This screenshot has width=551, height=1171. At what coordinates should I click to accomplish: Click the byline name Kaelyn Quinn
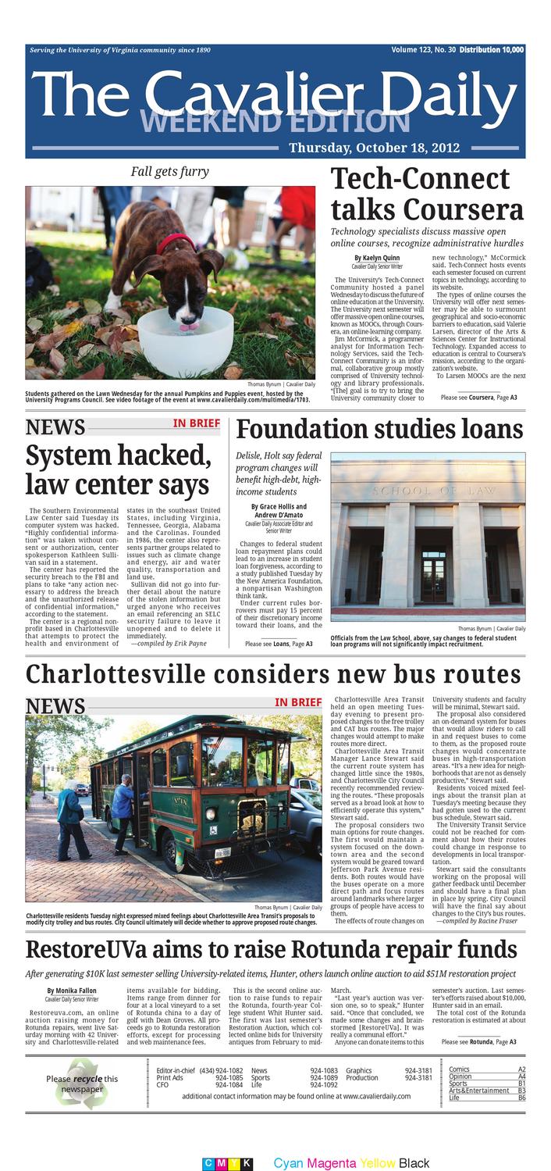tap(376, 257)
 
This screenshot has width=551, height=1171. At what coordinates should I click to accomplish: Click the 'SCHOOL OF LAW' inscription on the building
tap(428, 491)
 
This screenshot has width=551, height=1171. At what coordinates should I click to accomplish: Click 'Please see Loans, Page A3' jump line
tap(278, 643)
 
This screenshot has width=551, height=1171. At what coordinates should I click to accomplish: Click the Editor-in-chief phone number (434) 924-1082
tap(221, 1069)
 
